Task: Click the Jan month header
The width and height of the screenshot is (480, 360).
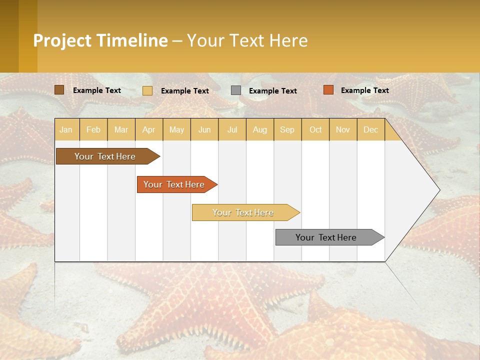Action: pyautogui.click(x=66, y=129)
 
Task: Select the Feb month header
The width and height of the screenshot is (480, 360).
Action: pyautogui.click(x=93, y=129)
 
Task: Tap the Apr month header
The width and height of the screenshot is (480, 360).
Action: pyautogui.click(x=149, y=129)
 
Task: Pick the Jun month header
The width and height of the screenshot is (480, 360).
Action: pyautogui.click(x=204, y=129)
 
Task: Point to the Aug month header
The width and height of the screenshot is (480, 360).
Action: pyautogui.click(x=260, y=129)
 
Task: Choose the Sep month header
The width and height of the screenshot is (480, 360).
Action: pyautogui.click(x=287, y=129)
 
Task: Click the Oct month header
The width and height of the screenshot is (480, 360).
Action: pyautogui.click(x=315, y=129)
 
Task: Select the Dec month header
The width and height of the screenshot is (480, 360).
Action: pyautogui.click(x=371, y=129)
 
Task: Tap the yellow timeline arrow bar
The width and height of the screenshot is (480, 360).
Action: pyautogui.click(x=243, y=212)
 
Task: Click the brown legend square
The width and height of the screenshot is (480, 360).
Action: pyautogui.click(x=59, y=90)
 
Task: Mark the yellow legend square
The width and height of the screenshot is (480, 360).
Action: pyautogui.click(x=147, y=90)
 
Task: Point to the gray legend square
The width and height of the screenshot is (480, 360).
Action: pyautogui.click(x=236, y=90)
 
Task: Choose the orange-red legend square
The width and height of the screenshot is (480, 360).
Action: pyautogui.click(x=328, y=90)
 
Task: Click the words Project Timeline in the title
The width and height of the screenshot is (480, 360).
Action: pyautogui.click(x=100, y=40)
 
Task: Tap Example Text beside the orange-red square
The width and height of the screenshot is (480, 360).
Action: pyautogui.click(x=365, y=90)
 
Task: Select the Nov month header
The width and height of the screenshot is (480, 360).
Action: pyautogui.click(x=343, y=129)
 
